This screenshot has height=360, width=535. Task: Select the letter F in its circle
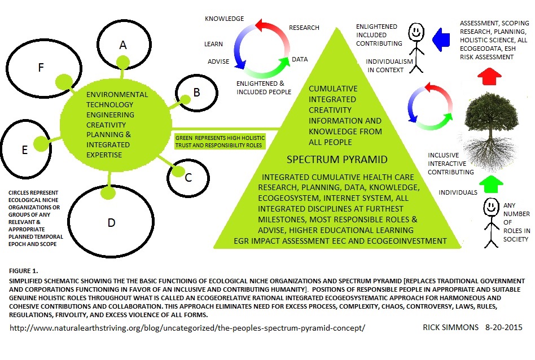pyautogui.click(x=41, y=68)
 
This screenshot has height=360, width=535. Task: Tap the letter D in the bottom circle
pyautogui.click(x=111, y=222)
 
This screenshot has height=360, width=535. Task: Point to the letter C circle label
pyautogui.click(x=188, y=177)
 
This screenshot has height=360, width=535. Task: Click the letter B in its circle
pyautogui.click(x=196, y=93)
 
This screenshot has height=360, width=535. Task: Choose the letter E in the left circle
pyautogui.click(x=25, y=150)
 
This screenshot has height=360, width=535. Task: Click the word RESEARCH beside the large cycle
pyautogui.click(x=304, y=27)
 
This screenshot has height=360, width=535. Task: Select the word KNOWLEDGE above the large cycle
pyautogui.click(x=225, y=19)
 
